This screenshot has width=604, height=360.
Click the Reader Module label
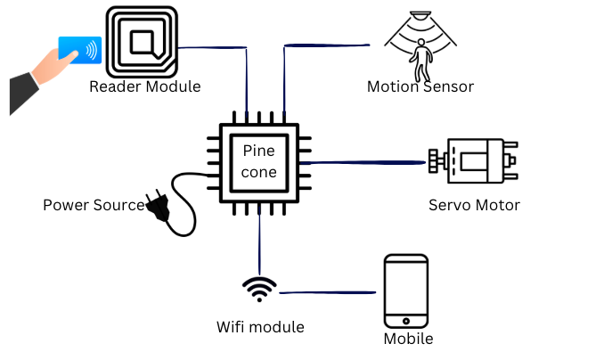(144, 87)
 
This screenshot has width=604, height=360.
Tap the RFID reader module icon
(143, 41)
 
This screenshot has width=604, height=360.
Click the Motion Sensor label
(420, 87)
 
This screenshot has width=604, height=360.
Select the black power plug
(158, 208)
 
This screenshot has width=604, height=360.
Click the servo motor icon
(474, 163)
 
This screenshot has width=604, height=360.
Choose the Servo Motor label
(474, 206)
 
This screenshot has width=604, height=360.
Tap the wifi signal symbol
(259, 288)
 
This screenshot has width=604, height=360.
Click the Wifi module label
(260, 327)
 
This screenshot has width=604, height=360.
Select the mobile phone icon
(406, 292)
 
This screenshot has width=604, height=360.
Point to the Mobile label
(408, 340)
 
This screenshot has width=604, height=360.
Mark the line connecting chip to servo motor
(365, 163)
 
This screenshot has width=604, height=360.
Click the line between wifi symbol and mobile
(330, 292)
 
